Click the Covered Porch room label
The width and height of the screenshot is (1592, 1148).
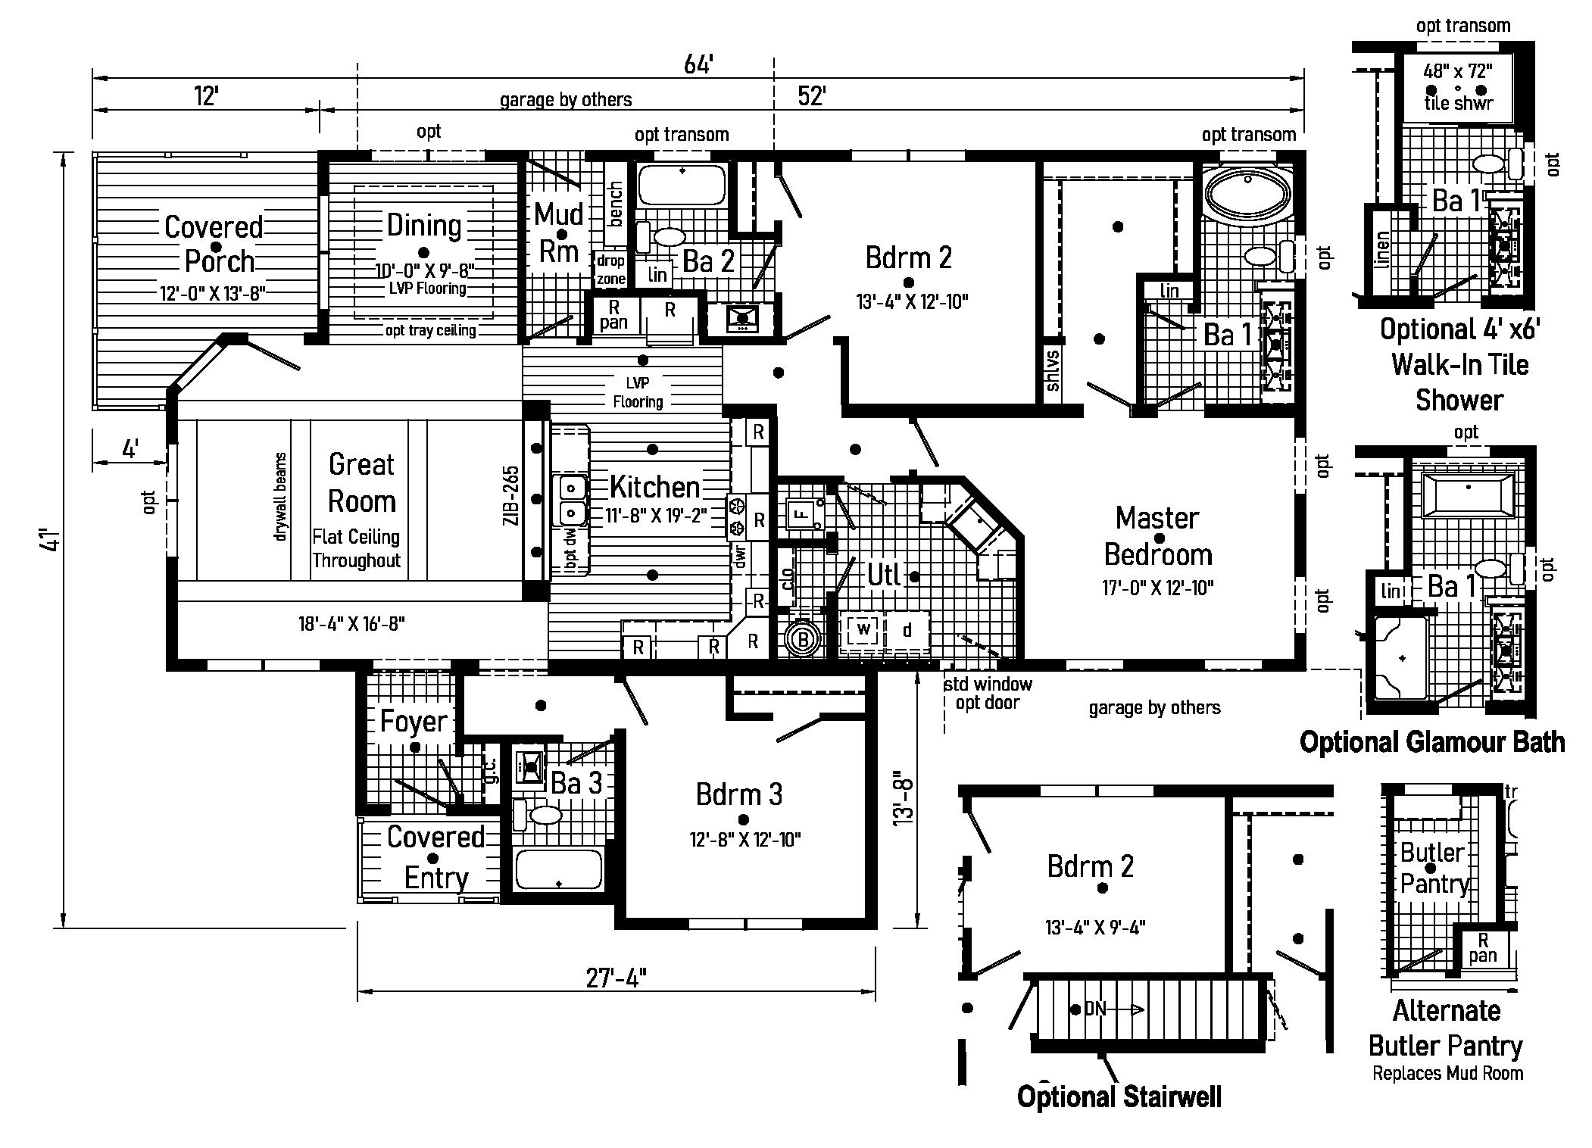pyautogui.click(x=214, y=244)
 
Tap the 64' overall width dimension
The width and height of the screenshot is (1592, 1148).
pyautogui.click(x=698, y=65)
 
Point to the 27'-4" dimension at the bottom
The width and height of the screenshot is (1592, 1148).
pyautogui.click(x=616, y=978)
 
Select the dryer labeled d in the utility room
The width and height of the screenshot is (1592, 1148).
pyautogui.click(x=907, y=630)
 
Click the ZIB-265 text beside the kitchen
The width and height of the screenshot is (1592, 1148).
pyautogui.click(x=511, y=495)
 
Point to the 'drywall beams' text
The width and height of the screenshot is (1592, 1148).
pyautogui.click(x=280, y=497)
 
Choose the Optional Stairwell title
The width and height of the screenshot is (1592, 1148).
pyautogui.click(x=1119, y=1097)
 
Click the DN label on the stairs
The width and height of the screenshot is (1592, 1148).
pyautogui.click(x=1096, y=1009)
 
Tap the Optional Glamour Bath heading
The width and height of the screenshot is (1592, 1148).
pyautogui.click(x=1431, y=741)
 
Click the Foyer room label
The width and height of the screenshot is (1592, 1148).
pyautogui.click(x=414, y=721)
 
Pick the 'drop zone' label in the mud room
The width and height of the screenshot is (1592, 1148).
pyautogui.click(x=610, y=270)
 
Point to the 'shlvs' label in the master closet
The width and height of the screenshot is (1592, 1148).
pyautogui.click(x=1053, y=370)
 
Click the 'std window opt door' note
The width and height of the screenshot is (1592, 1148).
pyautogui.click(x=988, y=693)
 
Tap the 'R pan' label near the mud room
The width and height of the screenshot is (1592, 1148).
pyautogui.click(x=613, y=315)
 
